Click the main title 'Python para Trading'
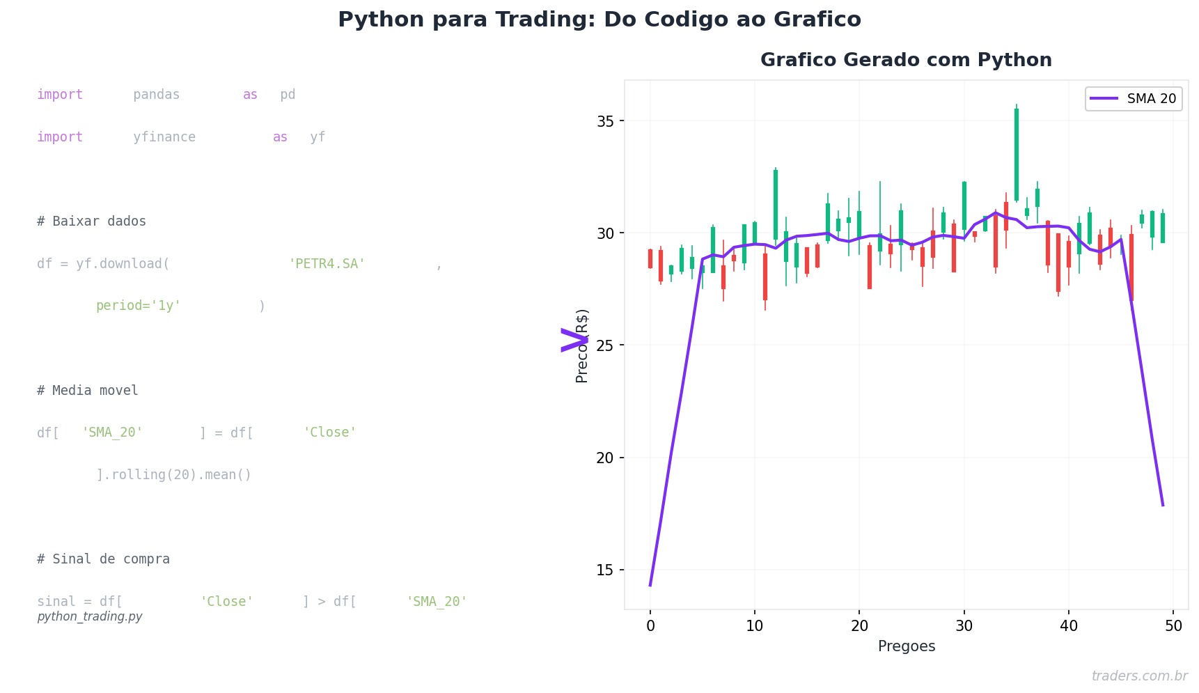pos(599,20)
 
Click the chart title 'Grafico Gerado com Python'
pos(906,60)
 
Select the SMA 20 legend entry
pos(1133,99)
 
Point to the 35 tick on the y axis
pos(605,121)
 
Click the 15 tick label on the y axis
pos(605,570)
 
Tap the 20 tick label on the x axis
pos(859,626)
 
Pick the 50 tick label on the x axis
pos(1173,626)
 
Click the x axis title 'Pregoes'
pos(906,646)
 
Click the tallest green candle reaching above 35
pos(1017,155)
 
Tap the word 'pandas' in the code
pos(157,95)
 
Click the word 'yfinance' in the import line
pos(164,137)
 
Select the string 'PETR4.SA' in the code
pos(327,264)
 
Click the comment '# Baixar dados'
pos(91,221)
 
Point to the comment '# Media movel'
pos(88,391)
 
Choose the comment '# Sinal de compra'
pos(103,559)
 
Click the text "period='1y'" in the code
pos(139,306)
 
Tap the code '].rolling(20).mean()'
pos(173,475)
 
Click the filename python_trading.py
pos(90,617)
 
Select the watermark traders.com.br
pos(1139,676)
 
